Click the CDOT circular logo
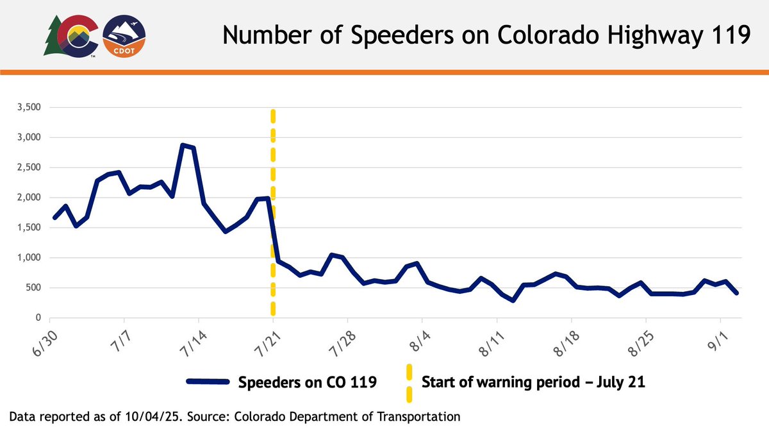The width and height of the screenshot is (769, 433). coord(124,37)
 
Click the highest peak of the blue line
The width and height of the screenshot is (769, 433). coord(183,145)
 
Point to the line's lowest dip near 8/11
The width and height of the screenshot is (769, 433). coord(513,300)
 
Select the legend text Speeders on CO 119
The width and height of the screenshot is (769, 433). coord(306,383)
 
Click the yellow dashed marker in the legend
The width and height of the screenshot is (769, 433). coord(409,383)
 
